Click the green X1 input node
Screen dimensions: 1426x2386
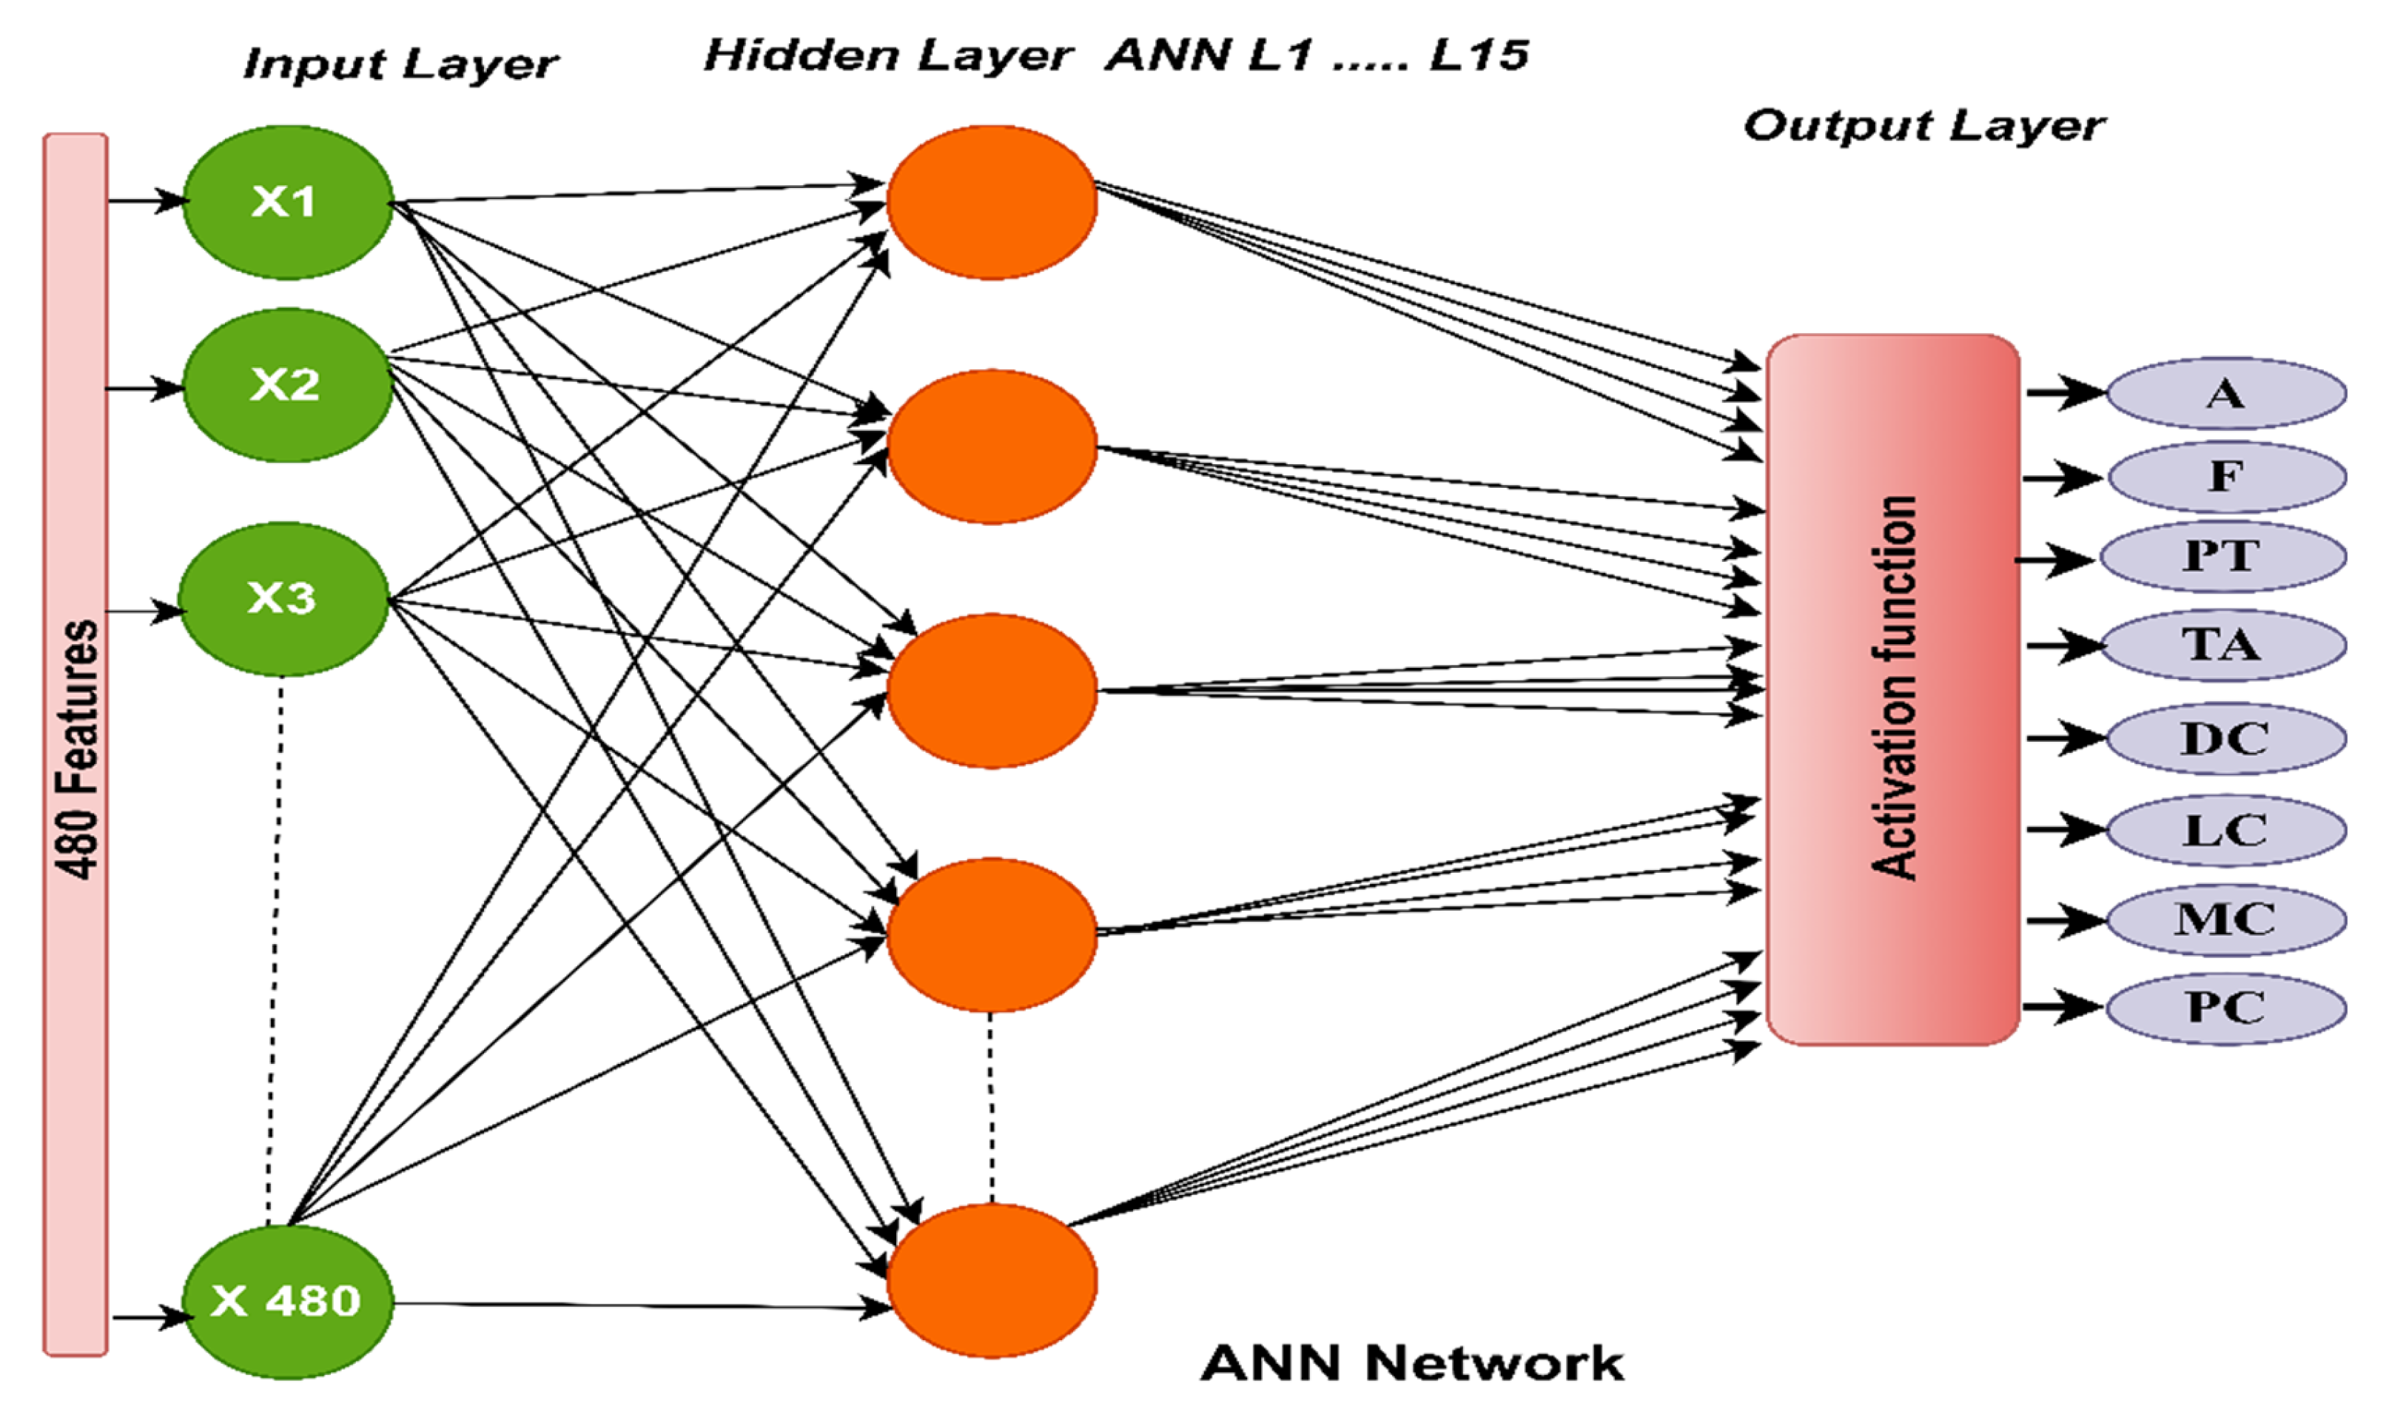coord(286,202)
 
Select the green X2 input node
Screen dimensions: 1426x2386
coord(286,384)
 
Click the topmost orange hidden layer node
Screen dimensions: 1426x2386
coord(991,202)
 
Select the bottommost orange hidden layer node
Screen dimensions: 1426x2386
coord(991,1280)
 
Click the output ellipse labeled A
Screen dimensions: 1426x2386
coord(2225,394)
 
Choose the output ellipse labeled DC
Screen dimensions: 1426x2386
coord(2225,739)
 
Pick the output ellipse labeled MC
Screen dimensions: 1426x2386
coord(2225,920)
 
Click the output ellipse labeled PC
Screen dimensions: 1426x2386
coord(2225,1008)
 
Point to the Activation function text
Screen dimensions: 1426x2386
coord(1894,687)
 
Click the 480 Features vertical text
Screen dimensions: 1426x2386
coord(77,749)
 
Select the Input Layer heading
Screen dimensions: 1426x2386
coord(400,64)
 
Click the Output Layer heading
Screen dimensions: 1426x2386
coord(1923,126)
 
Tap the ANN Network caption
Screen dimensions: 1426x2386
coord(1412,1364)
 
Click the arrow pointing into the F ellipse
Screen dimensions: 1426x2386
coord(2063,477)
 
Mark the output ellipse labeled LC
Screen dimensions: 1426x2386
coord(2225,830)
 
